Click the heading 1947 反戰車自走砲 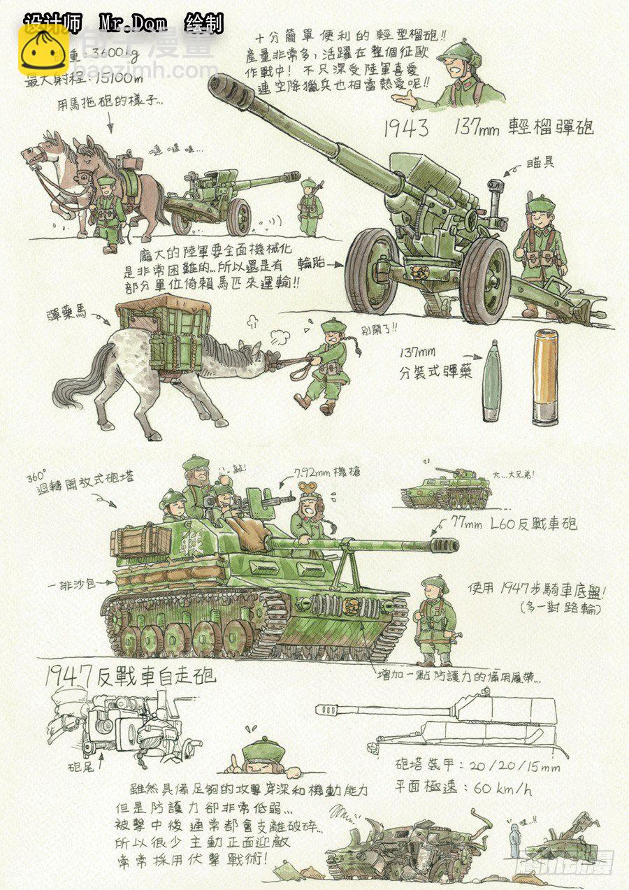(x=130, y=675)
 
